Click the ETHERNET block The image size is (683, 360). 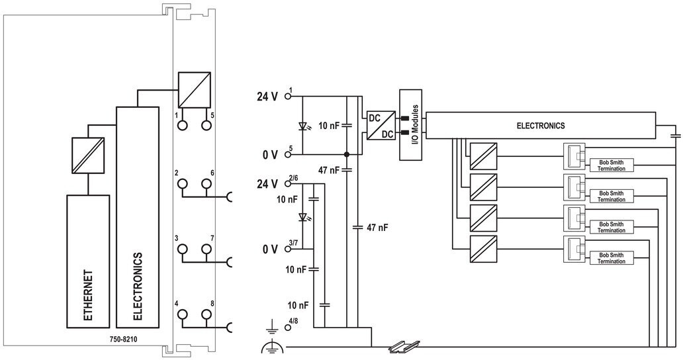[87, 261]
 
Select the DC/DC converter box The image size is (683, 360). [381, 126]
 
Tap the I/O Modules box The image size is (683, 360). [411, 125]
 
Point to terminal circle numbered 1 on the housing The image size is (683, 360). [183, 125]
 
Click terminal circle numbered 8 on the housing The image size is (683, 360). [206, 314]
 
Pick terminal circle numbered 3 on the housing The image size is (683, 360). [183, 249]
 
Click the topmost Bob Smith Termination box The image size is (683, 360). [611, 165]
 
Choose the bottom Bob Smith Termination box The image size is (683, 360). [611, 258]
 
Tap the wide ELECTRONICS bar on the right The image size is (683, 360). [540, 126]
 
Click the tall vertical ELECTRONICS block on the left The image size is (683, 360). [137, 217]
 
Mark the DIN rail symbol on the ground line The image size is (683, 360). [404, 346]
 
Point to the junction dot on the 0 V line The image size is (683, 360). [347, 155]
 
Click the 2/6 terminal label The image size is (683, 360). [293, 178]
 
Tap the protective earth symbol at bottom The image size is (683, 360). [272, 347]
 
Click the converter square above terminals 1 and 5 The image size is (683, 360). [195, 90]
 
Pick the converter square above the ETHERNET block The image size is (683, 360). [87, 155]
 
